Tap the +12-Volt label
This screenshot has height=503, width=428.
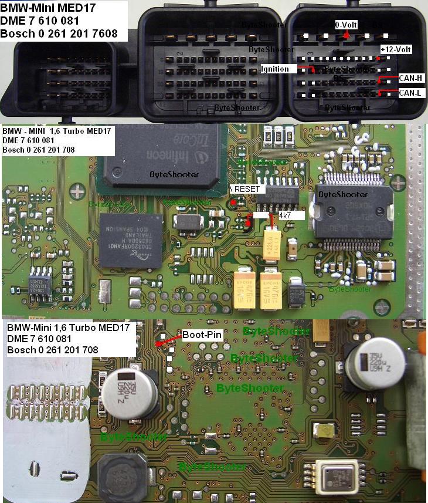tap(396, 50)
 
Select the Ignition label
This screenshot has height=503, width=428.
tap(275, 69)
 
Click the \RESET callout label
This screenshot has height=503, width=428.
tap(248, 190)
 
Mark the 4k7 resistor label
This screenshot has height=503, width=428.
tap(287, 215)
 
